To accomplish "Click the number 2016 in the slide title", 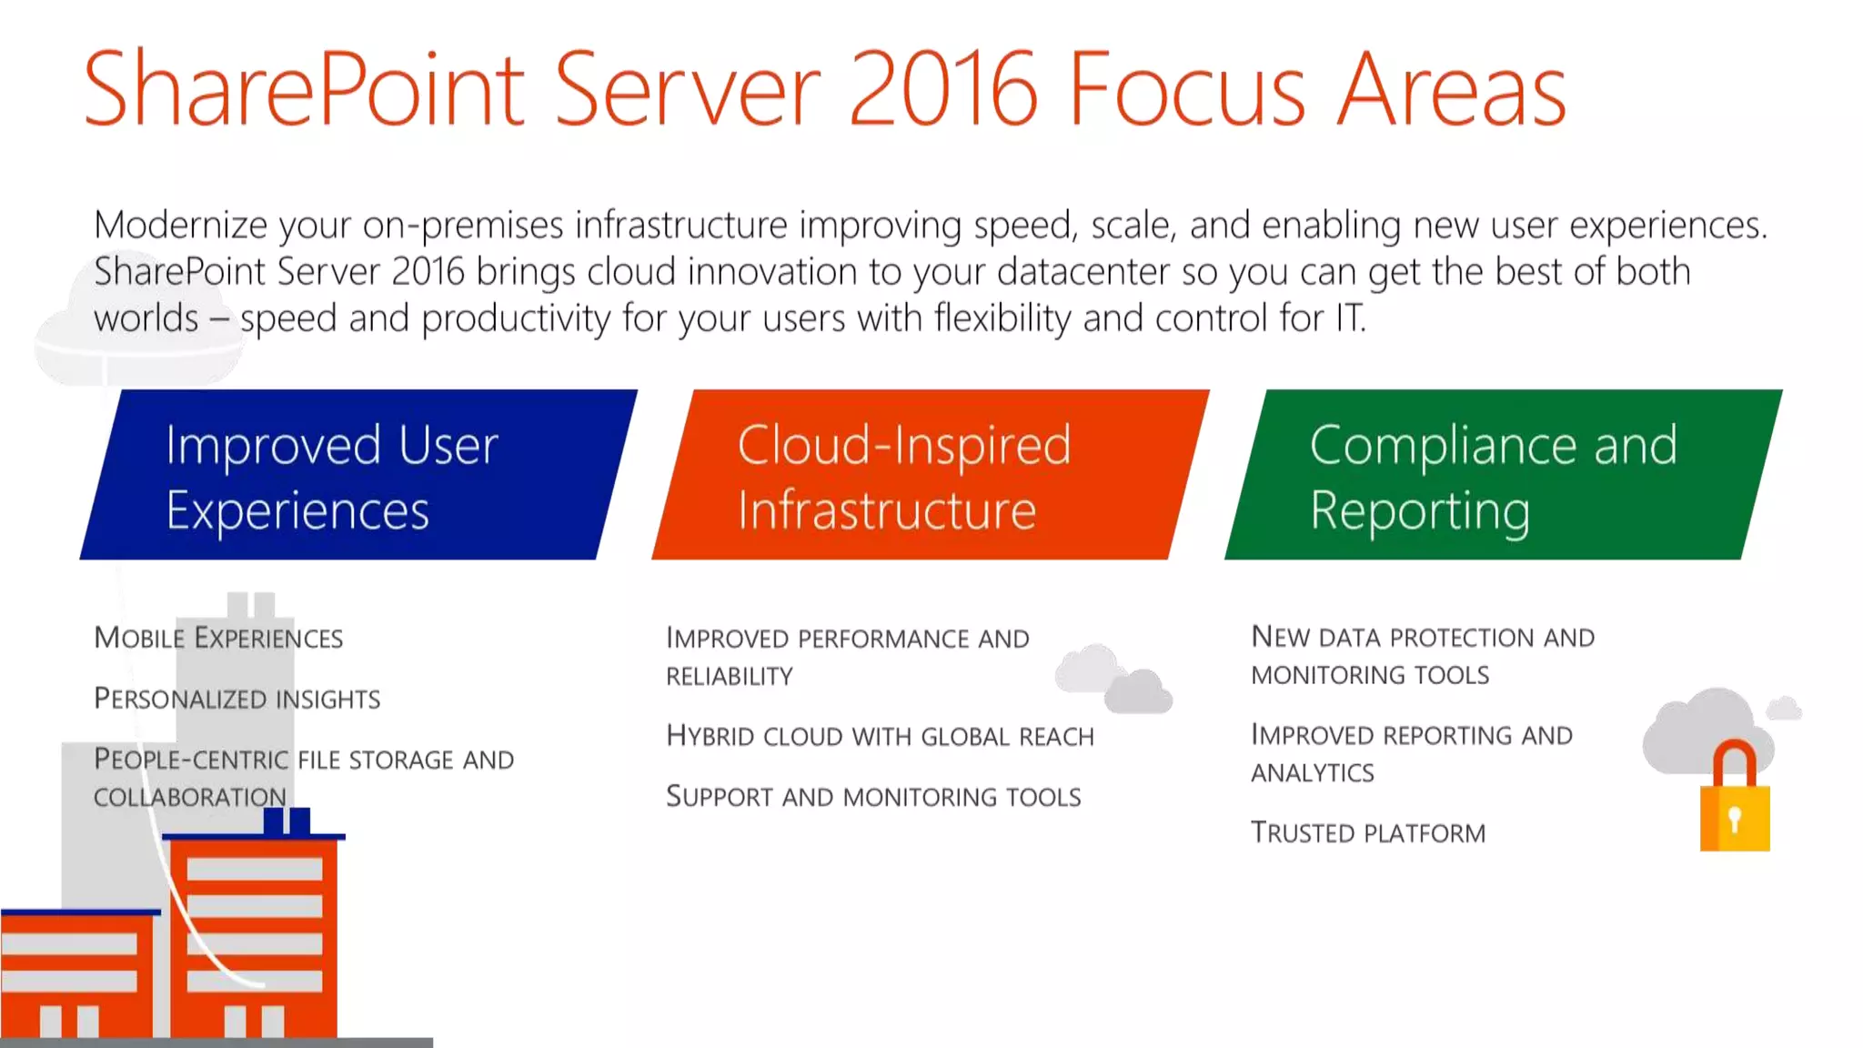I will (942, 89).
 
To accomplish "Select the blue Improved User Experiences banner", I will (358, 475).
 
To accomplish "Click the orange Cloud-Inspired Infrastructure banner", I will (930, 475).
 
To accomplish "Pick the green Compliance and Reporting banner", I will (1503, 475).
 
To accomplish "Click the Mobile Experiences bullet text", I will (218, 638).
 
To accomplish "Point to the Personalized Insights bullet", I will (237, 699).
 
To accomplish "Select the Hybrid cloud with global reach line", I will (880, 736).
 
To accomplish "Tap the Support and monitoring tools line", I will (873, 797).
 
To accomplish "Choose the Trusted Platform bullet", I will (1367, 832).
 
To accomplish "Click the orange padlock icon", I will (1735, 801).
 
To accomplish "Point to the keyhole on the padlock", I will (1735, 819).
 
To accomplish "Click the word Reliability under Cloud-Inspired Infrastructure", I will (730, 677).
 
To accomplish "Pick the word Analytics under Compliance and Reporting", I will (1312, 773).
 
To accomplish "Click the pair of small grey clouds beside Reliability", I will (1113, 680).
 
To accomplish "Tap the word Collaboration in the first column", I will (189, 798).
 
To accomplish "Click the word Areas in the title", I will (1451, 89).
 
